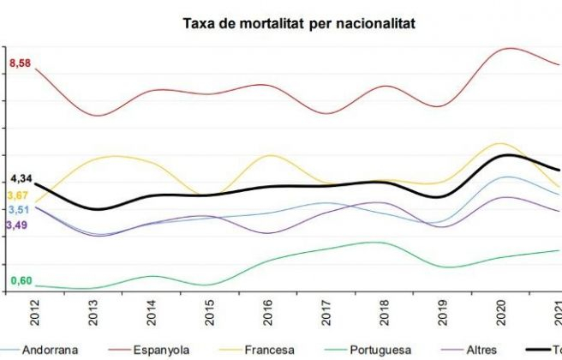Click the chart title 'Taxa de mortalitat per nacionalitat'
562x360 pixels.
(x=299, y=23)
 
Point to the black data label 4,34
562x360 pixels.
(x=21, y=178)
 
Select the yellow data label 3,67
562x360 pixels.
(x=18, y=195)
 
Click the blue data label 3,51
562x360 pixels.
(x=18, y=210)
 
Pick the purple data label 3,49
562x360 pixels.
(x=18, y=225)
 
